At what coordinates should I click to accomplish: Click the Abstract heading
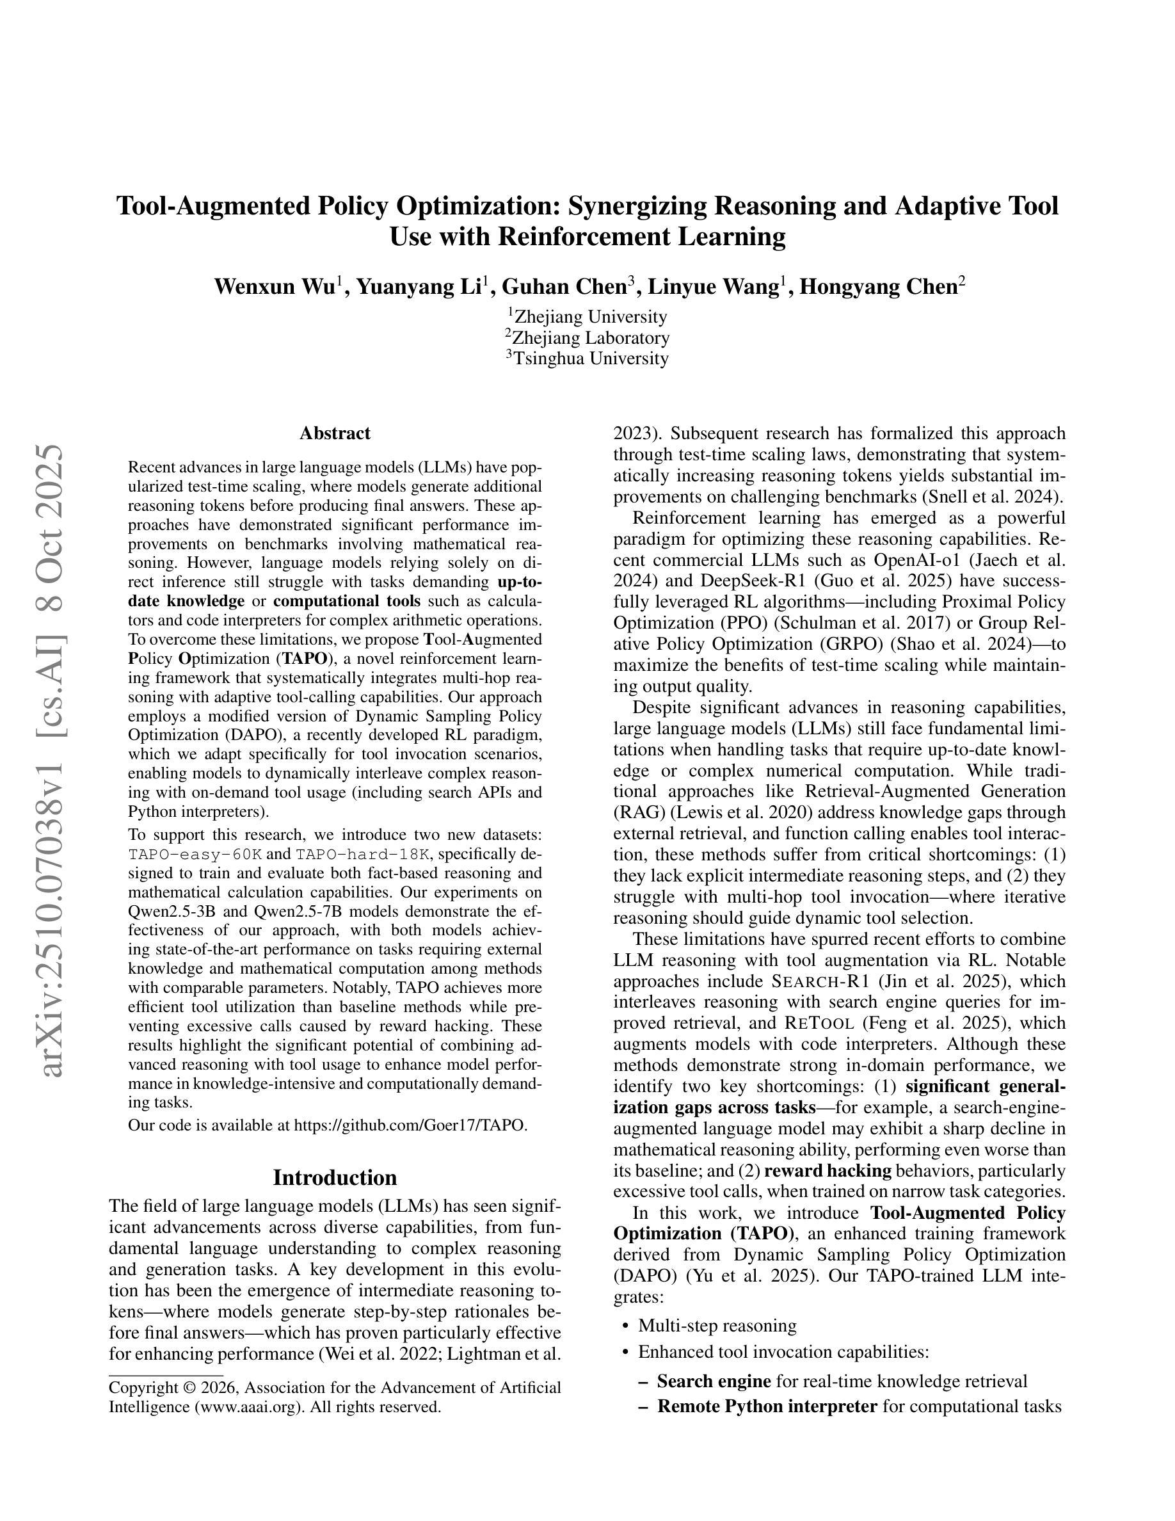point(335,433)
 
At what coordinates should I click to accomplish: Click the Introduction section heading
point(335,1178)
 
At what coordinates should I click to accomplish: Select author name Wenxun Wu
point(275,287)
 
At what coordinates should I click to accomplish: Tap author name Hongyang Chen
point(879,287)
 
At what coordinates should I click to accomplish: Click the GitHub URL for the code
point(410,1125)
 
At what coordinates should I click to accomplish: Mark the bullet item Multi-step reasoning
point(717,1325)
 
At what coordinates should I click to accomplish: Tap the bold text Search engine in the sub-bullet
point(714,1380)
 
